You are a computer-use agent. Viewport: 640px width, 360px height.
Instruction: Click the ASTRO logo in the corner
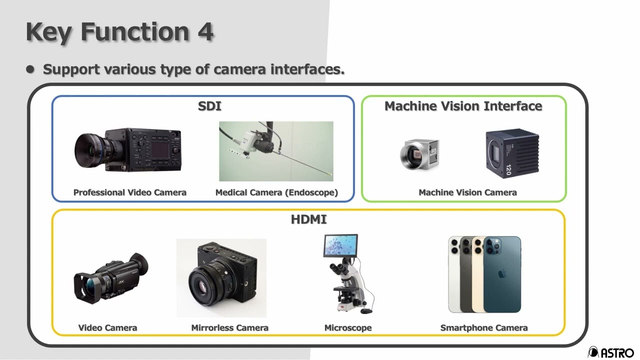coord(611,352)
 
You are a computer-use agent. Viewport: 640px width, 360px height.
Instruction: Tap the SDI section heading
coord(209,106)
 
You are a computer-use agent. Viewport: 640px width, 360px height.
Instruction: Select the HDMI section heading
coord(308,219)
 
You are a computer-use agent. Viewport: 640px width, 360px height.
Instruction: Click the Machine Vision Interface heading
coord(463,106)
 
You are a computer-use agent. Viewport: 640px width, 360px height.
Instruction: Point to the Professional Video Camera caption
coord(130,192)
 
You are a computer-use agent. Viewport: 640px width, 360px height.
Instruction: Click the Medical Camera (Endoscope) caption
coord(276,192)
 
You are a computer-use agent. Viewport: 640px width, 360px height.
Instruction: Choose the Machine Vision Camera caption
coord(467,192)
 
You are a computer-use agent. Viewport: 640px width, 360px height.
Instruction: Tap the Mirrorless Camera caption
coord(229,328)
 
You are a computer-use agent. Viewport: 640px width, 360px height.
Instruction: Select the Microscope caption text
coord(348,328)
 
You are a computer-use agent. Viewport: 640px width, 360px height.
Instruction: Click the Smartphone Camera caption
coord(484,328)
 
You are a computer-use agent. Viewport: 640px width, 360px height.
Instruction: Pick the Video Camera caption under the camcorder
coord(107,328)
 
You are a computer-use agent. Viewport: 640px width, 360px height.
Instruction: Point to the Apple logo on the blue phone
coord(502,274)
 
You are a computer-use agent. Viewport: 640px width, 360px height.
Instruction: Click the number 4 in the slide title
coord(205,32)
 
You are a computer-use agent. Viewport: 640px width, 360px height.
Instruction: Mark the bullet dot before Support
coord(31,69)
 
